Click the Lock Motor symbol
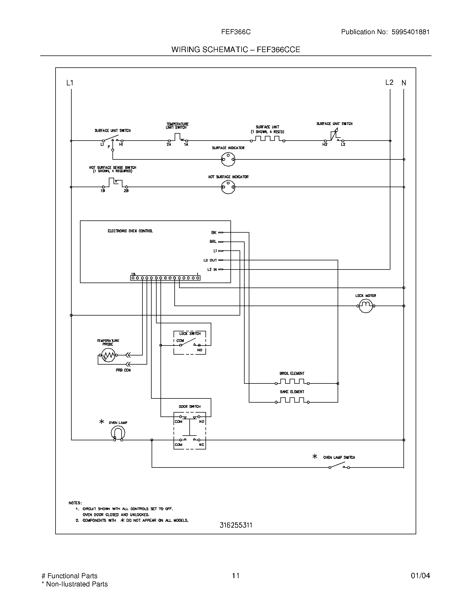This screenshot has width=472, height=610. pos(366,306)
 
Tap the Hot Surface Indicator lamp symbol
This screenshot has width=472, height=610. pos(228,187)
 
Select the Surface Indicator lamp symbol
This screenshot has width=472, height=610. pos(228,159)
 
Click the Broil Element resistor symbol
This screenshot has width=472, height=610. pos(292,382)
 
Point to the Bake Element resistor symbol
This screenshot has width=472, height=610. pos(292,401)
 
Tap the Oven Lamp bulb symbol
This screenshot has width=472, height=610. pos(118,433)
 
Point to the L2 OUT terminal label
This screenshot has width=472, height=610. pos(210,260)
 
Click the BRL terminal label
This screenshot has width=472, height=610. pos(213,242)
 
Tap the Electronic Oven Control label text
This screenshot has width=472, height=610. pos(130,231)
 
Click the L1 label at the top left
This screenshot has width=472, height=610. pos(70,83)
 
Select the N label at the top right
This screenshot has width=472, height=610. pos(403,83)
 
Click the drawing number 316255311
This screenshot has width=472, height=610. pos(236,525)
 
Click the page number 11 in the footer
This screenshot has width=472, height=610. pos(235,576)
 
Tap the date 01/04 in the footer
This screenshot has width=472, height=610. pos(420,576)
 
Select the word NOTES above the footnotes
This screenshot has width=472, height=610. pos(75,503)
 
